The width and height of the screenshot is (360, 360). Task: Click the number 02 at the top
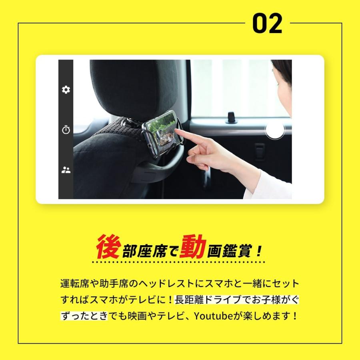[267, 24]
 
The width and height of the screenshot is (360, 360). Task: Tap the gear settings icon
[66, 90]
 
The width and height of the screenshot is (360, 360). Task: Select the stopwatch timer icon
[66, 130]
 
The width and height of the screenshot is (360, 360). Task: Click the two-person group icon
[66, 170]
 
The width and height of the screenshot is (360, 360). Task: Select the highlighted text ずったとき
[84, 316]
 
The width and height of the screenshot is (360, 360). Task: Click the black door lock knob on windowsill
[231, 117]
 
